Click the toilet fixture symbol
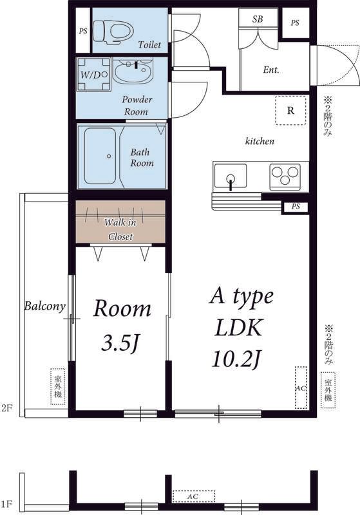[x=113, y=32]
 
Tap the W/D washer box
[x=93, y=75]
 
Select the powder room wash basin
[x=133, y=70]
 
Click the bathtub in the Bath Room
[x=100, y=156]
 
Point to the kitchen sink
[x=231, y=176]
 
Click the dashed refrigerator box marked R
[x=290, y=110]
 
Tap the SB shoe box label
[x=258, y=19]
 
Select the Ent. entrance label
[x=271, y=70]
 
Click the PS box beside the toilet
[x=83, y=30]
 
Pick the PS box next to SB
[x=296, y=23]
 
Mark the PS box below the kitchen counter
[x=296, y=207]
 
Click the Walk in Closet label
[x=120, y=229]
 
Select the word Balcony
[x=45, y=306]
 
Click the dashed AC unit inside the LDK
[x=301, y=388]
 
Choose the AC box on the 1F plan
[x=194, y=496]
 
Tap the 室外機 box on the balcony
[x=58, y=387]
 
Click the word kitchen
[x=260, y=141]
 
